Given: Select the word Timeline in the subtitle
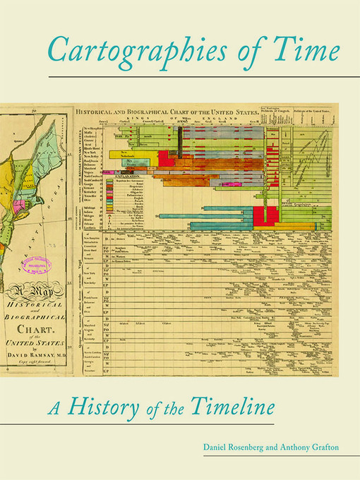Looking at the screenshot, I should pyautogui.click(x=227, y=407).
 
